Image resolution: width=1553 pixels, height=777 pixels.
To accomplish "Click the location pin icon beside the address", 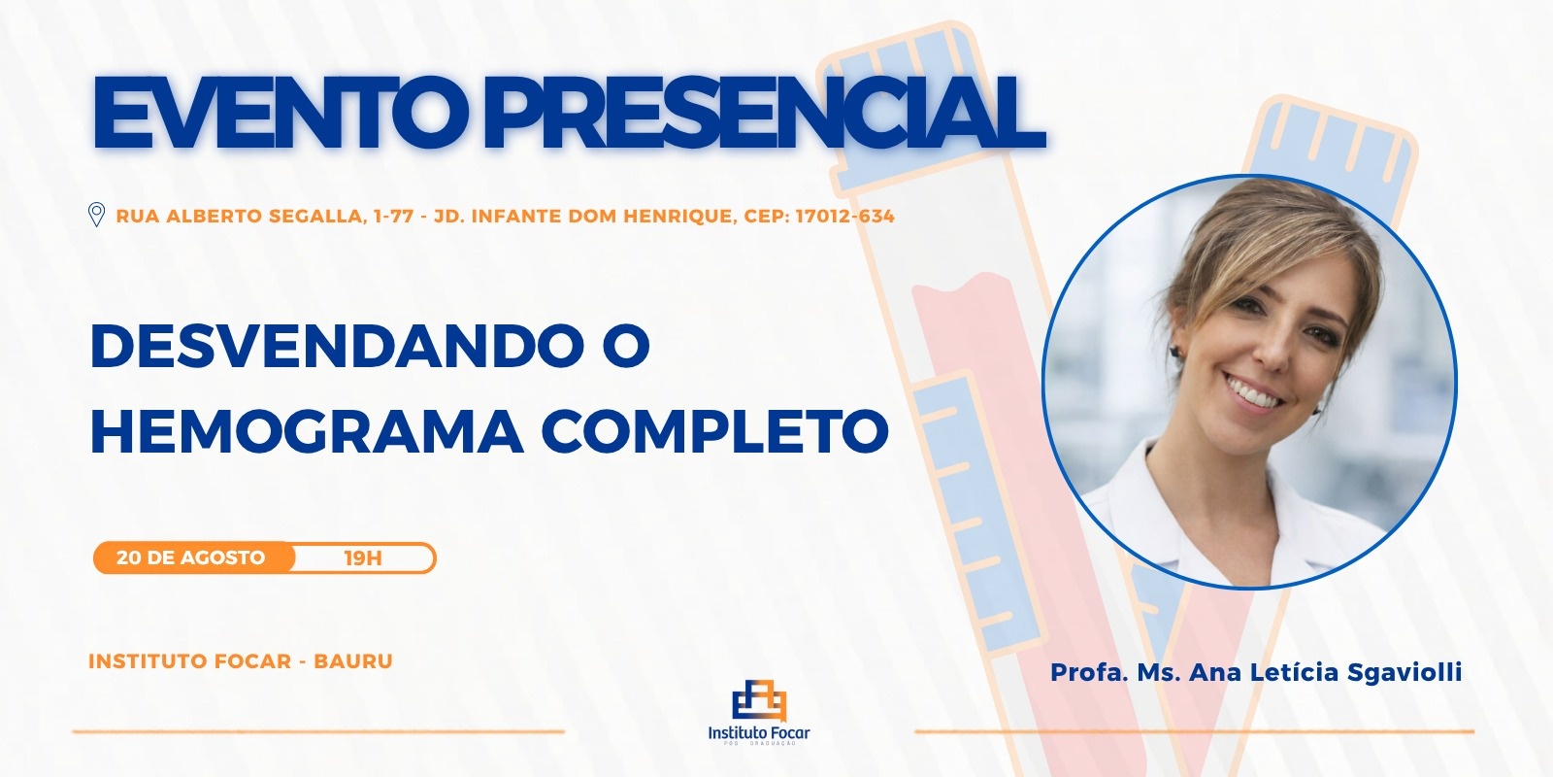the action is point(96,215).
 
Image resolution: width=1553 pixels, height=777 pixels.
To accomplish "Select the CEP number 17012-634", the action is point(844,217).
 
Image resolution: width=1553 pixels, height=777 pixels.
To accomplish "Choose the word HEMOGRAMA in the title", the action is point(307,431).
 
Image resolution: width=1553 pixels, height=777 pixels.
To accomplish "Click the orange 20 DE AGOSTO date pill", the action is point(193,557).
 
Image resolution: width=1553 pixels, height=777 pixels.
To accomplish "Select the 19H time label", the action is point(363,558).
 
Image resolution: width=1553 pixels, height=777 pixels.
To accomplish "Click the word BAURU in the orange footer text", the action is point(353,661).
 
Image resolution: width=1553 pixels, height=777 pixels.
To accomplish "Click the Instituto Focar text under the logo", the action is point(759,732).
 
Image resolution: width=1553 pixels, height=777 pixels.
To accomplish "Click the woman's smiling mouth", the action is point(1256,392).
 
